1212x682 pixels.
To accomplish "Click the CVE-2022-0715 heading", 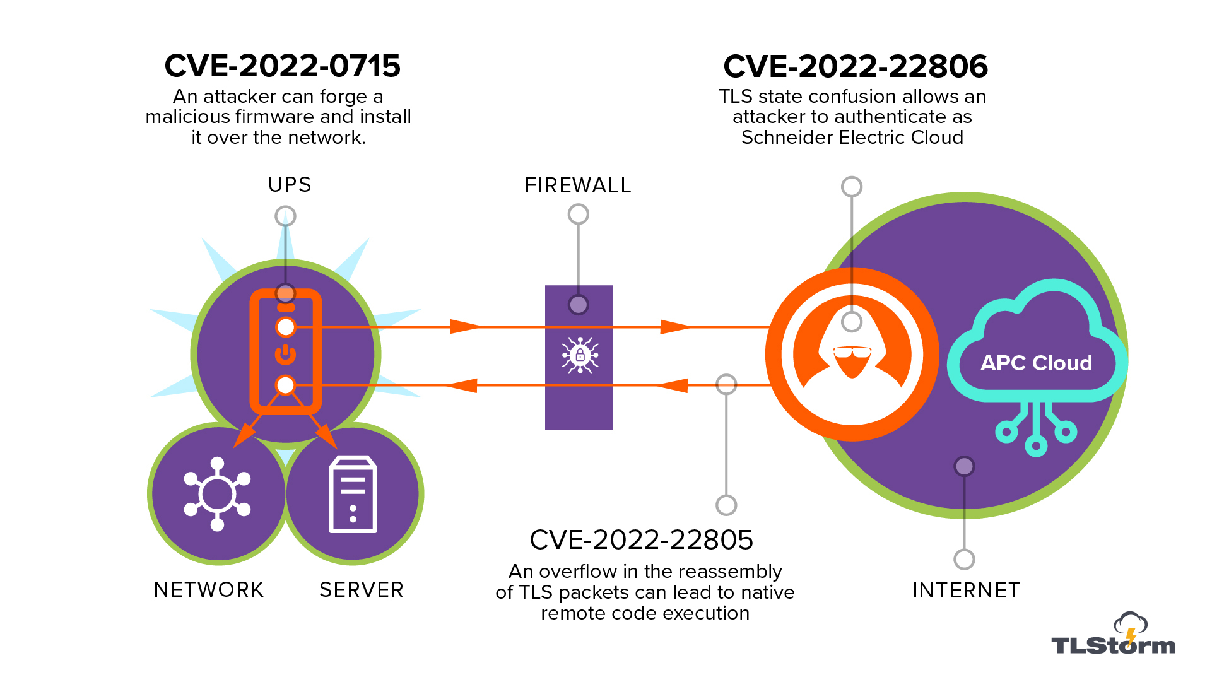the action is [x=283, y=66].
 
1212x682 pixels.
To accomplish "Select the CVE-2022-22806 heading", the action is [x=856, y=66].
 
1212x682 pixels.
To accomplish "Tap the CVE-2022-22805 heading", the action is [x=642, y=539].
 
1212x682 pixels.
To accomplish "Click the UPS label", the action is [x=290, y=185].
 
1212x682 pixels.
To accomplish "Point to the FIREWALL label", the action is [x=578, y=185].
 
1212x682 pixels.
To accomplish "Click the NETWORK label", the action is [x=209, y=590].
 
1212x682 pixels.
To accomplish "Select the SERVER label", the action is [x=362, y=590].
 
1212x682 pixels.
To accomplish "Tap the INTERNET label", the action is [x=966, y=591].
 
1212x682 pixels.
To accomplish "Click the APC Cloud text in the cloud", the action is [x=1036, y=363].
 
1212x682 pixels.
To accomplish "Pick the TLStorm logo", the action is [x=1114, y=633].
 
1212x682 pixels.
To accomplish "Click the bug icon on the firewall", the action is [x=580, y=355].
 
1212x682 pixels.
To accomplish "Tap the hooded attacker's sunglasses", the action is [x=852, y=351].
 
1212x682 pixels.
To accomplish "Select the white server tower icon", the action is [x=353, y=495].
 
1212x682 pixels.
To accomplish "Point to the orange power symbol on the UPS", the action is [x=286, y=355].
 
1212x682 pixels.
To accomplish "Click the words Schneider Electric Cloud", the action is [x=852, y=138].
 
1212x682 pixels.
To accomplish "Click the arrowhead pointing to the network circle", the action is [x=244, y=435].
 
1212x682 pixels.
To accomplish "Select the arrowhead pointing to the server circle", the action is [x=327, y=437].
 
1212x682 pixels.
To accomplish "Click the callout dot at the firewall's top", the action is [x=579, y=305].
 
